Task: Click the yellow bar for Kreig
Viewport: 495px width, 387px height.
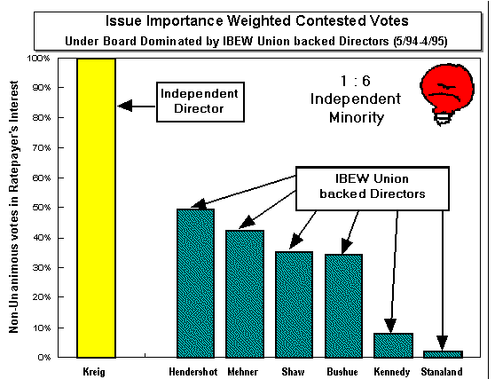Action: click(97, 208)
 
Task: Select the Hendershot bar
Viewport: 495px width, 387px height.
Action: click(196, 283)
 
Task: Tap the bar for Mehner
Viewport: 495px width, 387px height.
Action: click(245, 294)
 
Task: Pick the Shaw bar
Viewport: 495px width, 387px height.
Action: click(294, 304)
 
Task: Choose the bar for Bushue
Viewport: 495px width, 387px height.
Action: click(343, 306)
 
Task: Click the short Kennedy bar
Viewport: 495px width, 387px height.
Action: click(393, 345)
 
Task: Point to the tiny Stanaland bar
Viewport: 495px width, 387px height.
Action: click(443, 354)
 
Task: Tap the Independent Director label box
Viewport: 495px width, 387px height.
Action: click(200, 102)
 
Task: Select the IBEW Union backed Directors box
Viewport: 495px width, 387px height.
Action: click(373, 188)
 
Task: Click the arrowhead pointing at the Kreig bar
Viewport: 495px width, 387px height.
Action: click(125, 106)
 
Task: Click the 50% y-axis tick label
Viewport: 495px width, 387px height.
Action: click(41, 208)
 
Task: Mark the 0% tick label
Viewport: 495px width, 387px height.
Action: click(44, 358)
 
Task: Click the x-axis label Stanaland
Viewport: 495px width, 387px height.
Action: click(442, 372)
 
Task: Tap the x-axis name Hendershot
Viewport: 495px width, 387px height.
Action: click(193, 372)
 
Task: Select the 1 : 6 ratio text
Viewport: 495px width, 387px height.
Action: click(356, 81)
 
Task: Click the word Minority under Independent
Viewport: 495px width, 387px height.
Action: click(357, 117)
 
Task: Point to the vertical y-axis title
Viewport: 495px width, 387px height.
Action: click(14, 207)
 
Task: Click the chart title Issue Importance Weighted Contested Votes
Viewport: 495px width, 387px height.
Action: click(257, 20)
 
